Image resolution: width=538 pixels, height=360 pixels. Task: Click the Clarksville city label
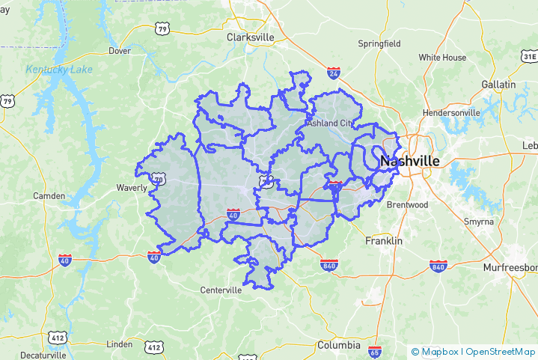pyautogui.click(x=251, y=37)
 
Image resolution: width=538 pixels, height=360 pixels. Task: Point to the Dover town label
pyautogui.click(x=120, y=51)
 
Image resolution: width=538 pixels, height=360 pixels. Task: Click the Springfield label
pyautogui.click(x=379, y=43)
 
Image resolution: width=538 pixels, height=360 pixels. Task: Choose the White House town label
pyautogui.click(x=442, y=58)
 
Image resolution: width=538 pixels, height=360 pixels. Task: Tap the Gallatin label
pyautogui.click(x=499, y=85)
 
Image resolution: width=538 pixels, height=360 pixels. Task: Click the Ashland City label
pyautogui.click(x=329, y=123)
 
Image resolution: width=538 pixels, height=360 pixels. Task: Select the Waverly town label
pyautogui.click(x=131, y=188)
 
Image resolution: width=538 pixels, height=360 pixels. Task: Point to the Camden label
pyautogui.click(x=49, y=196)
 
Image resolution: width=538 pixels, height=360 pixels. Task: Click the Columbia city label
pyautogui.click(x=338, y=345)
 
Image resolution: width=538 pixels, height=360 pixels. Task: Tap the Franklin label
pyautogui.click(x=384, y=241)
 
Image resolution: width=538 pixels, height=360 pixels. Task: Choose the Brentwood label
pyautogui.click(x=407, y=204)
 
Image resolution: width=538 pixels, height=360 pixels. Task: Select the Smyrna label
pyautogui.click(x=478, y=222)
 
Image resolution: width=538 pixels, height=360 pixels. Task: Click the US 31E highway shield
pyautogui.click(x=529, y=56)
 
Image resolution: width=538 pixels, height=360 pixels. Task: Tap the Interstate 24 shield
pyautogui.click(x=334, y=73)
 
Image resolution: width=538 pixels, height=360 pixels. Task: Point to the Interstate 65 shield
pyautogui.click(x=375, y=352)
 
